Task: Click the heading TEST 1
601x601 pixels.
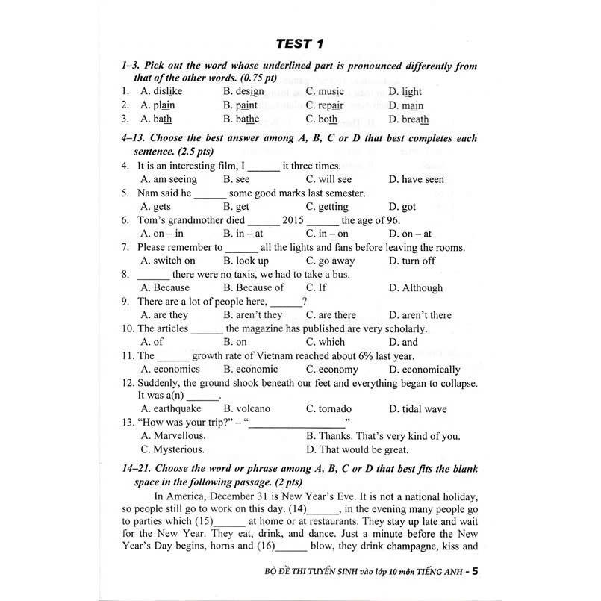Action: pyautogui.click(x=300, y=43)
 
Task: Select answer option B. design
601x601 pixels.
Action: pyautogui.click(x=243, y=92)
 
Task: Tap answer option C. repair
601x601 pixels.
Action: pyautogui.click(x=325, y=105)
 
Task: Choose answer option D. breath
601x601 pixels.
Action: pyautogui.click(x=408, y=119)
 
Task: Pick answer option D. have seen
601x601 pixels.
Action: pyautogui.click(x=416, y=179)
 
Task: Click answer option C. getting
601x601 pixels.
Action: pyautogui.click(x=326, y=207)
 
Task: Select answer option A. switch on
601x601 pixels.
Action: pyautogui.click(x=167, y=261)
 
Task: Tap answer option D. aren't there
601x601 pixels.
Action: pyautogui.click(x=420, y=315)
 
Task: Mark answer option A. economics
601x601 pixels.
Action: pyautogui.click(x=171, y=370)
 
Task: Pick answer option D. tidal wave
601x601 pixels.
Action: pyautogui.click(x=417, y=409)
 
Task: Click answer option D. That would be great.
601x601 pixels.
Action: pyautogui.click(x=357, y=449)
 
